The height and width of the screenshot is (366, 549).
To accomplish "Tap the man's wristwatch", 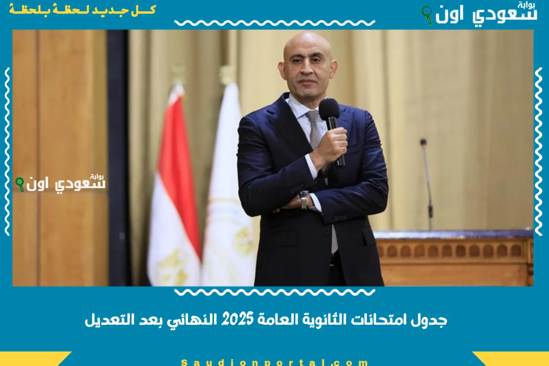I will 304,200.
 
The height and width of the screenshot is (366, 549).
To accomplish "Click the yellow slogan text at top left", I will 82,9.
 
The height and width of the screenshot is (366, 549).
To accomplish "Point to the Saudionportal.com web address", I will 274,362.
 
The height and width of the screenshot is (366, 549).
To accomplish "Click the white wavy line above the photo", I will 274,23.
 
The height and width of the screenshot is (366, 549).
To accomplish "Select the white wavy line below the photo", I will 274,292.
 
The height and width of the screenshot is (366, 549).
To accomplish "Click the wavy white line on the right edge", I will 538,151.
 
